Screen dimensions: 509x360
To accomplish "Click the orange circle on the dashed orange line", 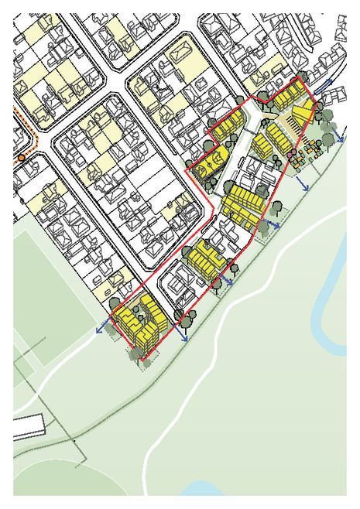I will click(22, 157).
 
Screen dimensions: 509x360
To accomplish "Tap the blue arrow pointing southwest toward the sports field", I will click(101, 329).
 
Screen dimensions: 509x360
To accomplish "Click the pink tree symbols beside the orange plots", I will click(291, 157).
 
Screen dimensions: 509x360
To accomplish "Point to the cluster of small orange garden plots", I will click(311, 147).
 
